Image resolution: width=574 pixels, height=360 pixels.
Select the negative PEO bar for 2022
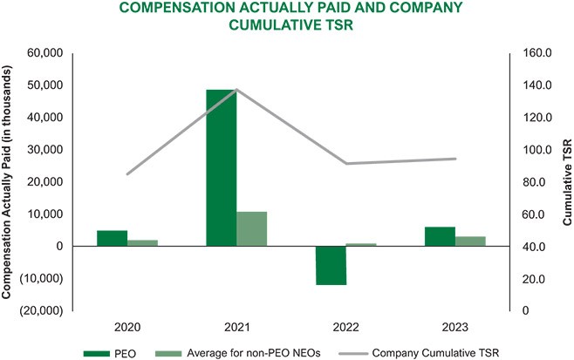click(x=331, y=265)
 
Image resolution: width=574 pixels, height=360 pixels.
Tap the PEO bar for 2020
click(x=112, y=238)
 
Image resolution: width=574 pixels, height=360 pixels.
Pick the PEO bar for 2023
click(x=440, y=236)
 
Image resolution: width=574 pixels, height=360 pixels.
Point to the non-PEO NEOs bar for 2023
click(x=470, y=241)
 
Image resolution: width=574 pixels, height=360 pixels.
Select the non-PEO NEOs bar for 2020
click(x=142, y=242)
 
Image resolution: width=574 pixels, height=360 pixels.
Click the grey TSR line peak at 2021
click(x=236, y=90)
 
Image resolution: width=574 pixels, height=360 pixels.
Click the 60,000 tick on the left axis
click(x=45, y=53)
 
